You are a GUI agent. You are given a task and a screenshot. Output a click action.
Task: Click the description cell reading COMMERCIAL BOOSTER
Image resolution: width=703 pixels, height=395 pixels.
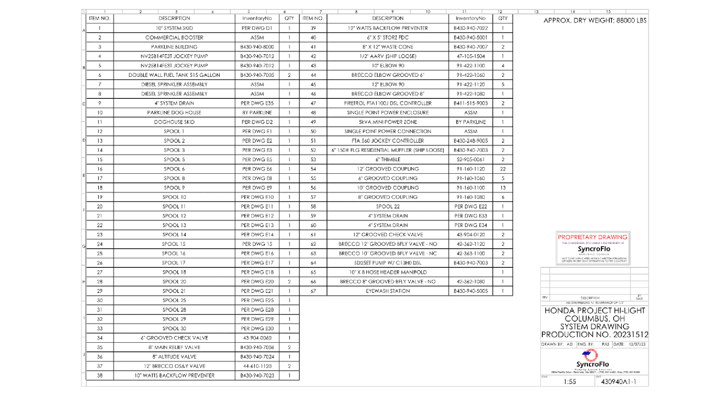click(x=174, y=37)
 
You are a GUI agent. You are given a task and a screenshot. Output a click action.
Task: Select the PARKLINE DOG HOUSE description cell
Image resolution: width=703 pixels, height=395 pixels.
click(x=174, y=113)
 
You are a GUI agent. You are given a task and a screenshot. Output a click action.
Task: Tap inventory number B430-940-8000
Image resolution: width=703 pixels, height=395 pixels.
click(x=257, y=47)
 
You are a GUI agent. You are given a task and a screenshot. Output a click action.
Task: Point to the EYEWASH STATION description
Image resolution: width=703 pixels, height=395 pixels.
click(x=388, y=291)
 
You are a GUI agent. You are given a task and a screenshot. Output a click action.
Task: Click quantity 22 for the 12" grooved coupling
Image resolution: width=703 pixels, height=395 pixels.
click(x=503, y=169)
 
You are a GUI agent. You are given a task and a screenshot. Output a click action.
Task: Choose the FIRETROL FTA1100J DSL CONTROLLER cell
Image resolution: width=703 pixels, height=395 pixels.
click(x=388, y=103)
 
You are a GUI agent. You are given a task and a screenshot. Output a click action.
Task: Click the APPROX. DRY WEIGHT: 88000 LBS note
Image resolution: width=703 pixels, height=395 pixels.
click(x=595, y=20)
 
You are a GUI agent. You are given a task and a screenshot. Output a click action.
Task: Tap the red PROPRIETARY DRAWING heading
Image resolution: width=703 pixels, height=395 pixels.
click(x=593, y=237)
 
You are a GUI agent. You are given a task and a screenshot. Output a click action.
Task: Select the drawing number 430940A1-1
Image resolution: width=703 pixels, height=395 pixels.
click(x=618, y=381)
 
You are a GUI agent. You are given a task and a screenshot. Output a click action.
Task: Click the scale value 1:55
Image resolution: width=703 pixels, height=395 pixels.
click(x=570, y=381)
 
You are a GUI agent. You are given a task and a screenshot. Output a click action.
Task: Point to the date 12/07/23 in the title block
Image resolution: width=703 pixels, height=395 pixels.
click(x=637, y=344)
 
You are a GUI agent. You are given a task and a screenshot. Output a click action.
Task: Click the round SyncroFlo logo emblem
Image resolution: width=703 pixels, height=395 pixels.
click(x=590, y=355)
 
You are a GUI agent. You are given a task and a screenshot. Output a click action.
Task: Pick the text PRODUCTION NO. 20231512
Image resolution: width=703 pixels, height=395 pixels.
click(x=595, y=334)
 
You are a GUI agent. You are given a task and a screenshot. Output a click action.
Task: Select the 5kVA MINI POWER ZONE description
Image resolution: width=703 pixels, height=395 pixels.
click(x=388, y=122)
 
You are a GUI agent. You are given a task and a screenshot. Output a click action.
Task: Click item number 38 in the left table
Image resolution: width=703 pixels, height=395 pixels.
click(x=100, y=375)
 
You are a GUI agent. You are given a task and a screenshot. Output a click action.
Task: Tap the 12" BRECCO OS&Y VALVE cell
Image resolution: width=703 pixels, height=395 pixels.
click(x=174, y=366)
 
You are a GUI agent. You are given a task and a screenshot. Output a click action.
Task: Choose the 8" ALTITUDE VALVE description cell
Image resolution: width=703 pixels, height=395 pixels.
click(x=174, y=357)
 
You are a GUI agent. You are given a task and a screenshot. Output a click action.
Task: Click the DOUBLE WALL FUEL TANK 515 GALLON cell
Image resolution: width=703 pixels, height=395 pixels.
click(x=174, y=75)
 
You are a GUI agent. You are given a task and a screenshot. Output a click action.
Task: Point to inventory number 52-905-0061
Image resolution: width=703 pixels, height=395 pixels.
click(x=470, y=159)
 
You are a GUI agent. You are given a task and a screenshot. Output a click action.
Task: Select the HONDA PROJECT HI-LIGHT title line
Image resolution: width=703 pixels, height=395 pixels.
click(x=595, y=311)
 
